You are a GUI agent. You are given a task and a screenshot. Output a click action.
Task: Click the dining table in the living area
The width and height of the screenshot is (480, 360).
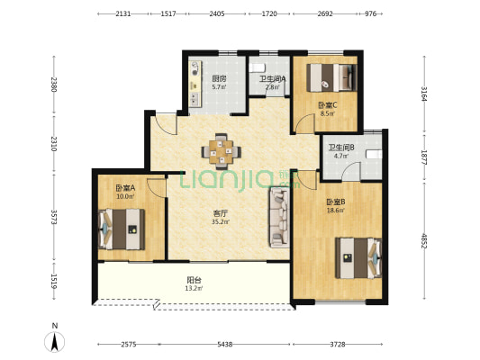pos(221,152)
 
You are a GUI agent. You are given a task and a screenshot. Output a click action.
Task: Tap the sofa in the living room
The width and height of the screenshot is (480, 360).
pos(279,218)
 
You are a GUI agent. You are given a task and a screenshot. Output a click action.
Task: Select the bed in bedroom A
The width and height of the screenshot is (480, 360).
pos(122,229)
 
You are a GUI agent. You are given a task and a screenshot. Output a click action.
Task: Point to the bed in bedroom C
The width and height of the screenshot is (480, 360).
pos(331,77)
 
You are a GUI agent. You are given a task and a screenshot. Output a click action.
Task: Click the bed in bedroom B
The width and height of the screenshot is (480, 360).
pos(358,258)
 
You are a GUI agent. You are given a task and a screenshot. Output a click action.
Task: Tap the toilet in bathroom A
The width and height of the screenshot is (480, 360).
pos(257,67)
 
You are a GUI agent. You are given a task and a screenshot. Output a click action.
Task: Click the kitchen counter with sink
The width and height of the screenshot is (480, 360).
pos(195,84)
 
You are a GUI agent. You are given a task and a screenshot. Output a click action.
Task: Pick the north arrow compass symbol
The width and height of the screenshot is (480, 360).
pos(55,342)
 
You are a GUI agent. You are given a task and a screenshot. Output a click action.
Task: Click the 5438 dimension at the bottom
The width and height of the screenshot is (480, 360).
pos(225,345)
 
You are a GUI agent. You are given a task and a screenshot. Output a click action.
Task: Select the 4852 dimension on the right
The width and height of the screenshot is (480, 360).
pos(424,240)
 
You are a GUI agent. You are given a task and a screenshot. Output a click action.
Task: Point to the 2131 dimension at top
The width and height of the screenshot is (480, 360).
pos(123,13)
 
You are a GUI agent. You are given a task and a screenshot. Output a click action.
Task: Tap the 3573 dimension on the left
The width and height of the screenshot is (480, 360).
pos(54,217)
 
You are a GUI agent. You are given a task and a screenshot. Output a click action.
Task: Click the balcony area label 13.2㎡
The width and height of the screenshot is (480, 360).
pos(195,288)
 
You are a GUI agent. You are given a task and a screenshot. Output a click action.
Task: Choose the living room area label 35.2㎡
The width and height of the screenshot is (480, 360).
pos(221,221)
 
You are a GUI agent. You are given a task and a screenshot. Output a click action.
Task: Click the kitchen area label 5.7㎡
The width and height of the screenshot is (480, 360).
pos(219,87)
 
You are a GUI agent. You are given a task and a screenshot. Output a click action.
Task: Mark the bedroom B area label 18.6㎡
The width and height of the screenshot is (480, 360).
pos(336,210)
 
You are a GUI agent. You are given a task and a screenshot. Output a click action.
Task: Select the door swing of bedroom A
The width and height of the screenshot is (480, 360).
pos(155,188)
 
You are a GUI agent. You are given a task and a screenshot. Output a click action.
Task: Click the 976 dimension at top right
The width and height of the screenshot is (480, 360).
pos(370,13)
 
